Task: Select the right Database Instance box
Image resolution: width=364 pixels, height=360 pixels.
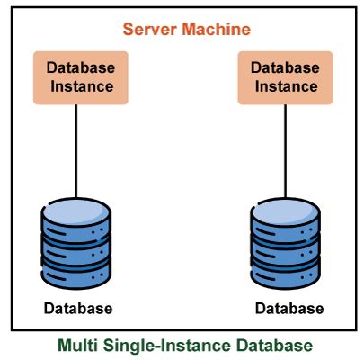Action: pos(283,77)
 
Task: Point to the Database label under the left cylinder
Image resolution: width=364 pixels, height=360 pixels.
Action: pos(78,309)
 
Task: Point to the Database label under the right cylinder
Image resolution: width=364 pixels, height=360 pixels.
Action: pos(289,309)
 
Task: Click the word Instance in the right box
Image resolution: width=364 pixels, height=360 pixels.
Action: pos(283,87)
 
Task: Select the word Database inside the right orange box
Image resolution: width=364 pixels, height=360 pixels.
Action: pos(283,68)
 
